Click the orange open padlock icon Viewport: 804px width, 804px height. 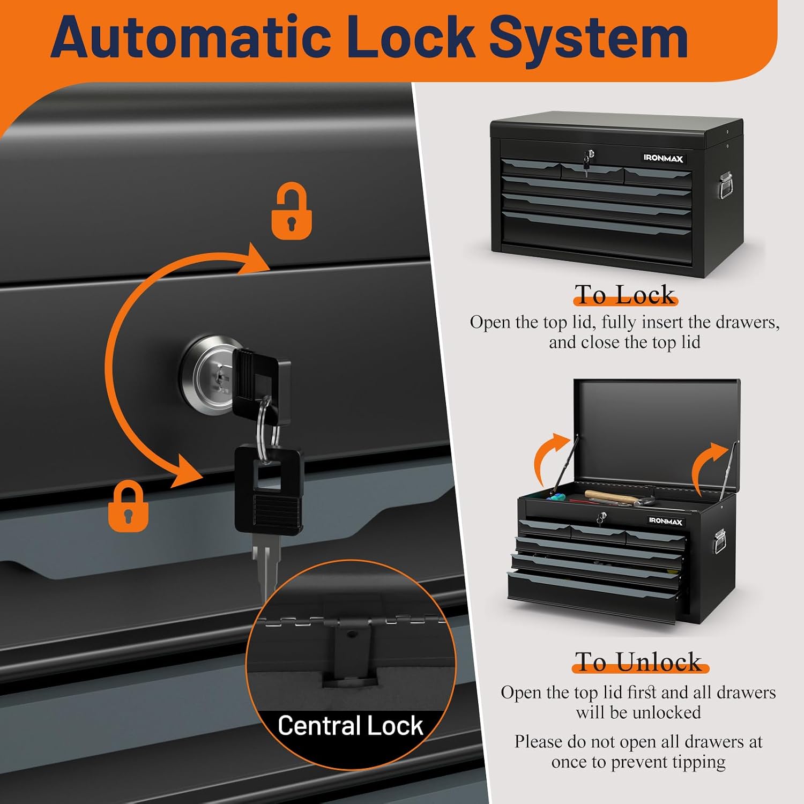click(292, 212)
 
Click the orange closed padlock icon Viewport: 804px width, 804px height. click(128, 506)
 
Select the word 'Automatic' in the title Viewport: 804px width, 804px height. click(191, 38)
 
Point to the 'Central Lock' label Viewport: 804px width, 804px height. click(351, 726)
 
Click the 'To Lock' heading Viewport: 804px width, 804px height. click(625, 294)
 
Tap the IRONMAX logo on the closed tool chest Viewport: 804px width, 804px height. click(664, 158)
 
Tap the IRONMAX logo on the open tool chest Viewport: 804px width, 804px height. click(666, 521)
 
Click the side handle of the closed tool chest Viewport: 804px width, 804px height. click(726, 185)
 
